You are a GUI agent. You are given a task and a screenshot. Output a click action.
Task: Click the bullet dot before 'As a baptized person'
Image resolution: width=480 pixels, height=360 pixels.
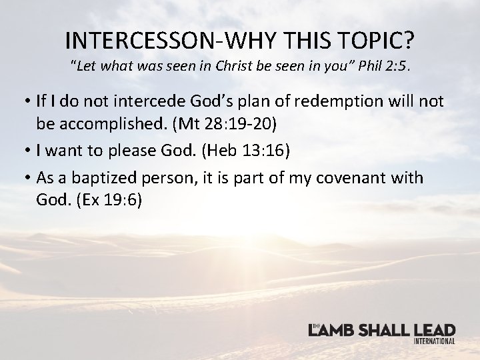(23, 177)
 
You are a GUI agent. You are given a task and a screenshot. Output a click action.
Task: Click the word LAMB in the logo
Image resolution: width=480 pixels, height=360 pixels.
(333, 330)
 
